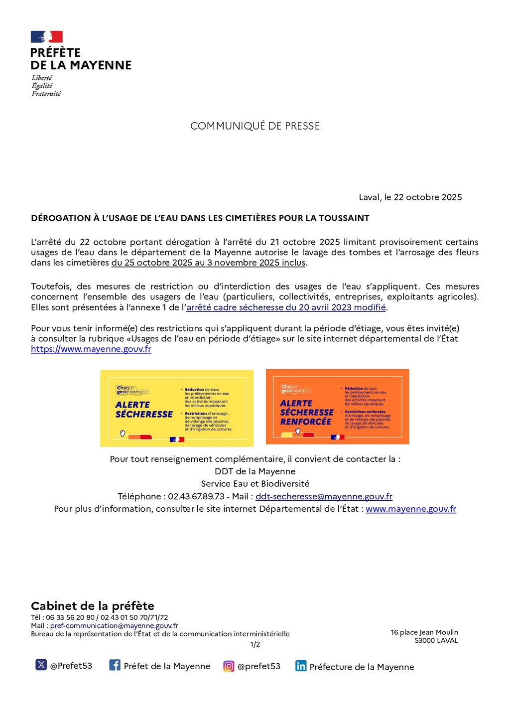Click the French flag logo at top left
click(x=47, y=37)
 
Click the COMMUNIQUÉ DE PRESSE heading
click(x=255, y=126)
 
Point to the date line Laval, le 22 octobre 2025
click(x=410, y=197)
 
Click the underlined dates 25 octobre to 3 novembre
click(x=208, y=263)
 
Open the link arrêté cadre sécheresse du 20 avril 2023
click(x=286, y=307)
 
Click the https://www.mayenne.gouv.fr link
click(x=91, y=349)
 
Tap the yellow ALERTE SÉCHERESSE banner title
click(x=143, y=409)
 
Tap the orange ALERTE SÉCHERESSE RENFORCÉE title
click(x=306, y=412)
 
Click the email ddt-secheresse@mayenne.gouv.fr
click(x=324, y=496)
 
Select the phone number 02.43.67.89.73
click(x=196, y=496)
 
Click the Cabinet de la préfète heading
click(x=93, y=606)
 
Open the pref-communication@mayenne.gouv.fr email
click(x=114, y=626)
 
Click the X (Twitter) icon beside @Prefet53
click(x=41, y=665)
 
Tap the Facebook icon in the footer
click(x=115, y=665)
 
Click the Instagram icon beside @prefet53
click(x=229, y=666)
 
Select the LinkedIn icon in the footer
click(x=301, y=666)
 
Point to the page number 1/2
click(x=255, y=644)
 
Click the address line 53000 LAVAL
click(x=436, y=641)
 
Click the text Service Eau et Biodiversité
click(x=255, y=484)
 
